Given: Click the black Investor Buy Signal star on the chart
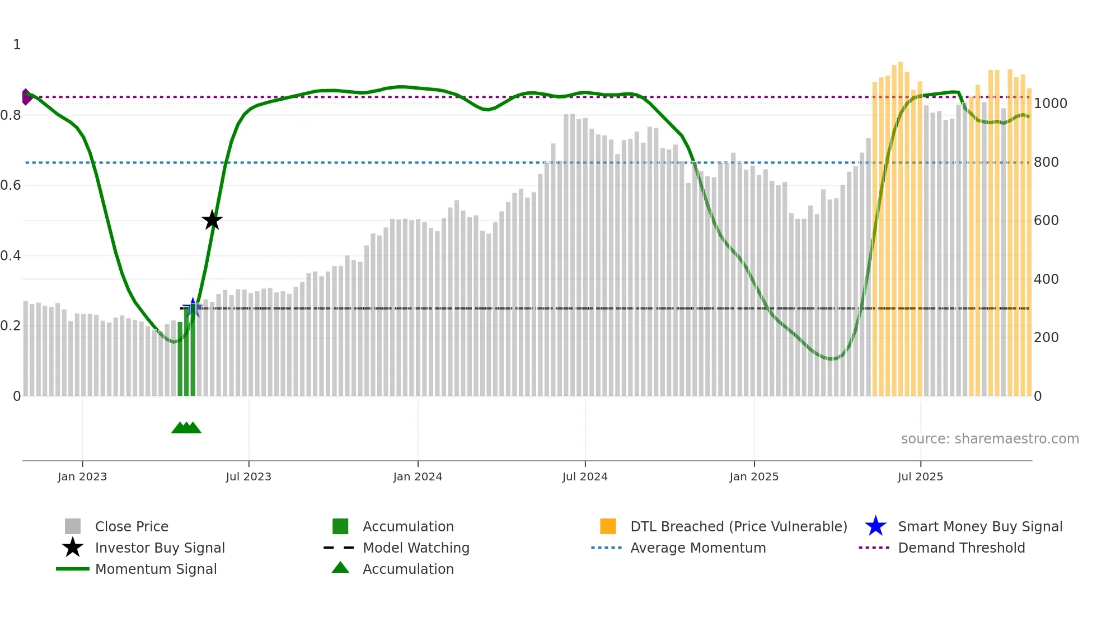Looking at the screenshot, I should click(212, 220).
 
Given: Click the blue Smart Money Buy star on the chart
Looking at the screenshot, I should click(193, 307).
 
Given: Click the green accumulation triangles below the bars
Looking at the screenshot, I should click(186, 428).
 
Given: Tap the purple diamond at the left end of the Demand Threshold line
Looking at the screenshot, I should click(26, 97).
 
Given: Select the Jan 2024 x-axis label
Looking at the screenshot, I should click(418, 476).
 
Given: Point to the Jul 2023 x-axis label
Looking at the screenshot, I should click(249, 476).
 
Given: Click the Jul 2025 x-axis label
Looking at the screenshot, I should click(920, 476).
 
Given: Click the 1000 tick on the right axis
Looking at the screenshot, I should click(1050, 104).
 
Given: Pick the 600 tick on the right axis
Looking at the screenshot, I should click(1046, 221).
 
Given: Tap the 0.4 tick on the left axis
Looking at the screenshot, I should click(11, 256).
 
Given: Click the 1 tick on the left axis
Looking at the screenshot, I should click(17, 45).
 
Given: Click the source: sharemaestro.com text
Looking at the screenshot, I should click(990, 439).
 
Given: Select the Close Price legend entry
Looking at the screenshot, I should click(132, 526).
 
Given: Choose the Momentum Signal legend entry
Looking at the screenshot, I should click(156, 569).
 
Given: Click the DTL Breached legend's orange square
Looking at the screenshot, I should click(608, 526).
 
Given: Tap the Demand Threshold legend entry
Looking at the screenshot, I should click(961, 548).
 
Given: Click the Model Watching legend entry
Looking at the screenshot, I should click(416, 548).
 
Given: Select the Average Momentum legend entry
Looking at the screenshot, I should click(697, 548).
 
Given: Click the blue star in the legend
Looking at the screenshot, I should click(875, 526).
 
